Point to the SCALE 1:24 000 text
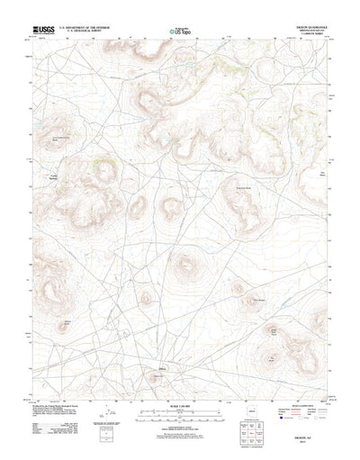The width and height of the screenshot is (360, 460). pos(178,375)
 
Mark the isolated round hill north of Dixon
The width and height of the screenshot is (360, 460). pos(185,265)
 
